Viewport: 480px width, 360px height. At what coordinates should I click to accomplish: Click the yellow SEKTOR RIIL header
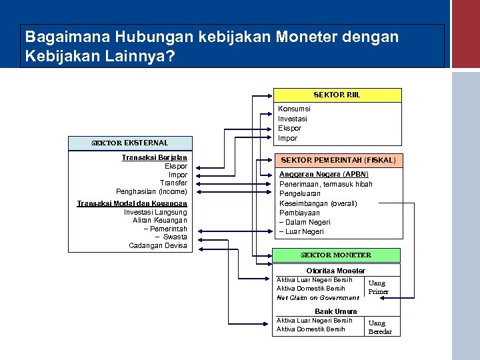(337, 95)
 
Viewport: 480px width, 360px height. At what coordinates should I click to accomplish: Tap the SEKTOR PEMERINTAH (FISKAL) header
(338, 160)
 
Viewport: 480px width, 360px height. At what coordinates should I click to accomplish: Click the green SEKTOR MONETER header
(336, 255)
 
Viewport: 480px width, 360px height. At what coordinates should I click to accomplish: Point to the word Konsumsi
(294, 109)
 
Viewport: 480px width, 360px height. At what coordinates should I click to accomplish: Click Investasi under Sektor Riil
(293, 119)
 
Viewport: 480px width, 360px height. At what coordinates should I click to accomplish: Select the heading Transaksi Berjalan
(155, 157)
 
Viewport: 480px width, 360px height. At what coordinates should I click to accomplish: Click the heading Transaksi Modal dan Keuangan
(132, 203)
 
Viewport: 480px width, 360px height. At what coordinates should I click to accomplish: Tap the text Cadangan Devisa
(158, 245)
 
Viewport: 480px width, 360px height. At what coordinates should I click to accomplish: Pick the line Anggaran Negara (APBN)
(324, 174)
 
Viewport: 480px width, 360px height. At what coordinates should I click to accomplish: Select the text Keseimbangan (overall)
(318, 203)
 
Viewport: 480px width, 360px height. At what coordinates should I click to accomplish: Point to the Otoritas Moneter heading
(335, 271)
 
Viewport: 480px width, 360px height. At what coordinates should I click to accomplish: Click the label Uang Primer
(378, 287)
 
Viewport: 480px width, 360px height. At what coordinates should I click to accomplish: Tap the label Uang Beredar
(380, 327)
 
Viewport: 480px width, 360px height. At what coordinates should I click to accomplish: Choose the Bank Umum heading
(335, 311)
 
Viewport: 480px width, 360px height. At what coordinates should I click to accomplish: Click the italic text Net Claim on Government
(317, 297)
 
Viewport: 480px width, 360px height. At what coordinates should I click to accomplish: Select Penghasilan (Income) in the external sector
(151, 191)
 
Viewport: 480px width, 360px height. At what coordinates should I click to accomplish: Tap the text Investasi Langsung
(155, 212)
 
